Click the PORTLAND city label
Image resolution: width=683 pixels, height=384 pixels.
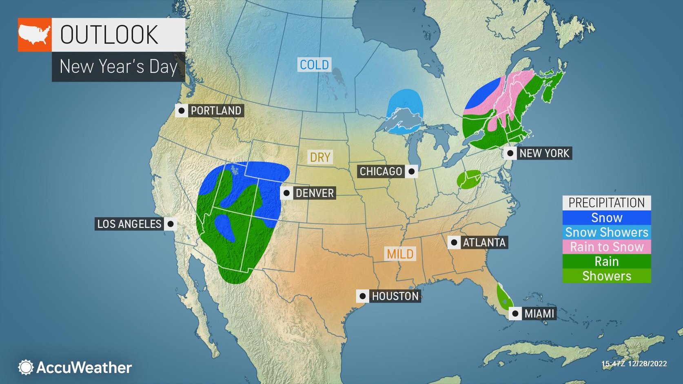[x=215, y=110]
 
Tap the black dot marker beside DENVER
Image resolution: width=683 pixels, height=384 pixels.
[x=286, y=193]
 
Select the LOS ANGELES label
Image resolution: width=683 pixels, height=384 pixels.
[x=129, y=224]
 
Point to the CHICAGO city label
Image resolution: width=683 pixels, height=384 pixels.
[x=381, y=172]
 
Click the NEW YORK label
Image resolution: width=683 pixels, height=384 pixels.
[x=544, y=153]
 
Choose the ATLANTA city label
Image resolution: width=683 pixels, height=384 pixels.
[x=484, y=243]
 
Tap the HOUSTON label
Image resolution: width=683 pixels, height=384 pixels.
[x=395, y=296]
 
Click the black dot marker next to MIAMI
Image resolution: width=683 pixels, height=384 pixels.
[x=515, y=313]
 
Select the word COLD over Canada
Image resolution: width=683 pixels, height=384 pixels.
[x=314, y=64]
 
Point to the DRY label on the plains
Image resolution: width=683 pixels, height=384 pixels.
[x=320, y=157]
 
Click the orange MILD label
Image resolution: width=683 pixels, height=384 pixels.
[x=400, y=254]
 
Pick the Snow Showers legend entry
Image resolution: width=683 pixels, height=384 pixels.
[x=606, y=232]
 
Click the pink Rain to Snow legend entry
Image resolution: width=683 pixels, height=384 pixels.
[x=606, y=247]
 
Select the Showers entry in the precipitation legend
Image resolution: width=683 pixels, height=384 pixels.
[x=606, y=276]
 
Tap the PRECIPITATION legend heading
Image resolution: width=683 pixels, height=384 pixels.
[x=606, y=203]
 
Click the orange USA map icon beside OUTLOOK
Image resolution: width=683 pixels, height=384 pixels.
[x=35, y=35]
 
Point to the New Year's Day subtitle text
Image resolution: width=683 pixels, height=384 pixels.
[x=118, y=66]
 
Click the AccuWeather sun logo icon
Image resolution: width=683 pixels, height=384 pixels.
[x=26, y=367]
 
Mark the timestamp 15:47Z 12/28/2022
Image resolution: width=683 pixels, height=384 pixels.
[x=634, y=364]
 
